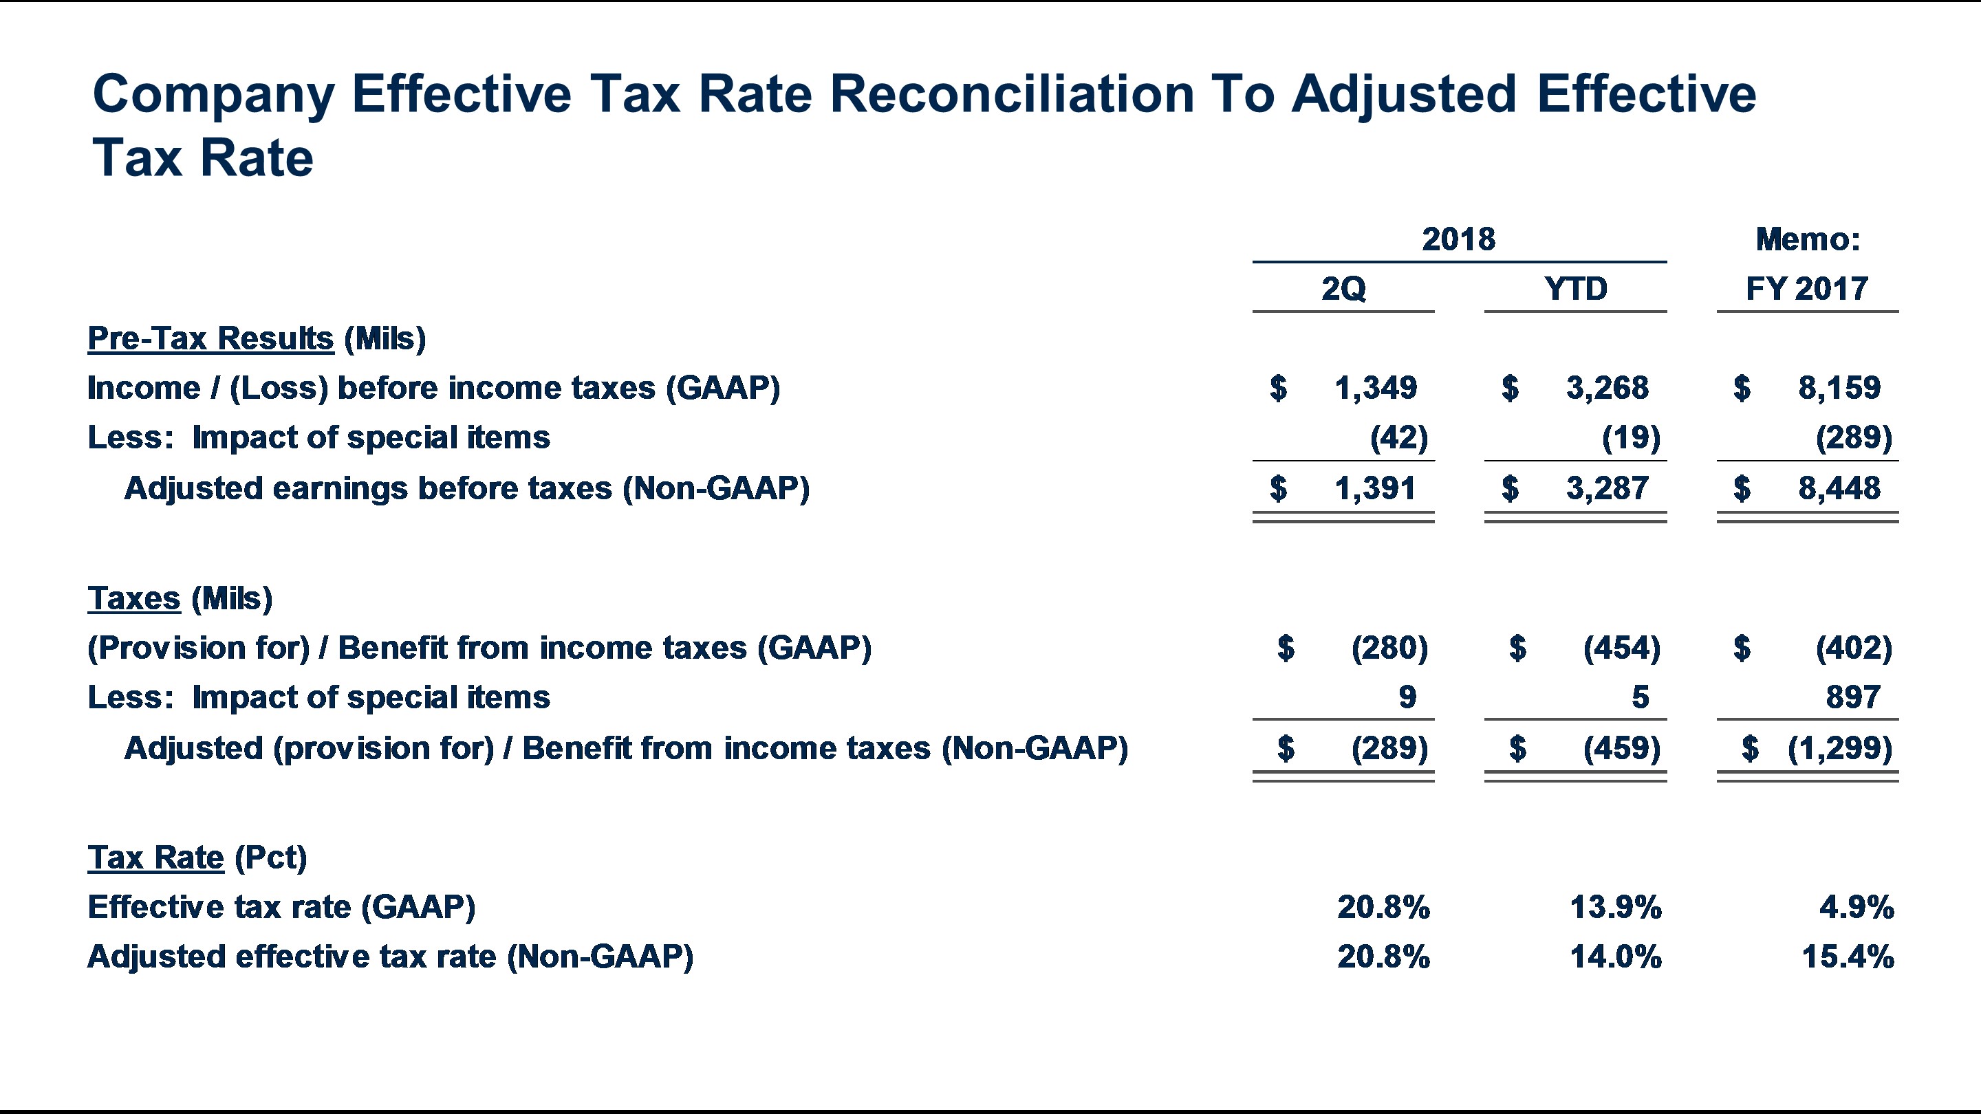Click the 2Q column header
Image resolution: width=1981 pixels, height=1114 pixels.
coord(1343,289)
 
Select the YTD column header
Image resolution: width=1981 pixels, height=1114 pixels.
coord(1575,289)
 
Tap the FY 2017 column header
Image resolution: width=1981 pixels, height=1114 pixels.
coord(1806,289)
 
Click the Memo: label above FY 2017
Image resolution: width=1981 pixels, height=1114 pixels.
coord(1807,240)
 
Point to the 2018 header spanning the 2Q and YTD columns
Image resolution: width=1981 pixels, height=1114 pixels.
coord(1458,240)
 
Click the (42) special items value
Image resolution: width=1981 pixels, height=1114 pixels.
coord(1398,437)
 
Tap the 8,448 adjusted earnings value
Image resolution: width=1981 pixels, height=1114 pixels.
coord(1839,488)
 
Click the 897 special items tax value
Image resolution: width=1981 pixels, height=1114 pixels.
coord(1852,697)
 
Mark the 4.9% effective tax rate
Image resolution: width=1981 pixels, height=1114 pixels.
coord(1856,908)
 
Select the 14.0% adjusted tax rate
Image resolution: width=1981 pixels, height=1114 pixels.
coord(1615,957)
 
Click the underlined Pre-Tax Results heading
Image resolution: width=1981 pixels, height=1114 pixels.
coord(210,338)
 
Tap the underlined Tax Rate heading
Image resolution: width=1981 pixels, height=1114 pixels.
coord(155,858)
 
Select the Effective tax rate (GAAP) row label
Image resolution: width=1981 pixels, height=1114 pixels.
coord(281,907)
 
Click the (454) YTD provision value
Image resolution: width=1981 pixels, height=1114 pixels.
coord(1621,648)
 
